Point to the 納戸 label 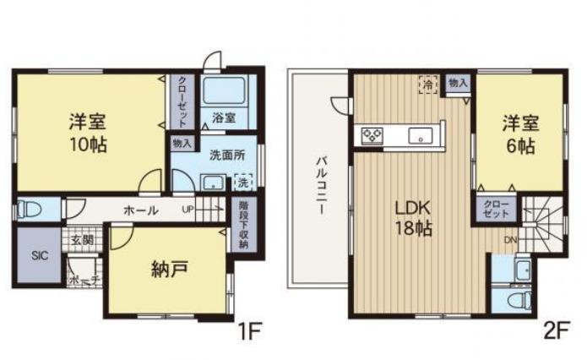point(169,270)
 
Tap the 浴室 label point(225,117)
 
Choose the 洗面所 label point(227,155)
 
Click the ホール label point(139,209)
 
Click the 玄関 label point(82,240)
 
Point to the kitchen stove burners point(372,134)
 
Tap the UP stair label point(188,209)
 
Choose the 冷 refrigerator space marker point(429,85)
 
